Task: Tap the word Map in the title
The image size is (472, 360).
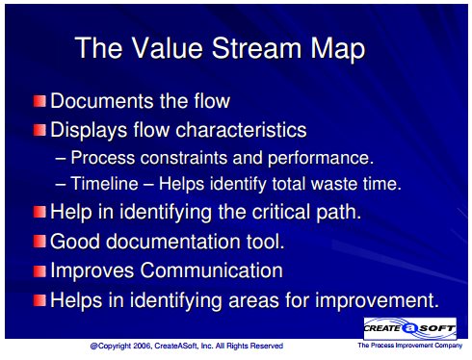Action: [x=337, y=49]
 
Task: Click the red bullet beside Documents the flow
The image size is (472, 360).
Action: [x=39, y=101]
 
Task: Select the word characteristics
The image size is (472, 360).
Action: [x=241, y=130]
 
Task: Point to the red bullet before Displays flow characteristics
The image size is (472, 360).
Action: [x=39, y=130]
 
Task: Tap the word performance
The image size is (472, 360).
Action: [x=321, y=159]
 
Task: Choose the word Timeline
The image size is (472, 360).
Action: [x=104, y=184]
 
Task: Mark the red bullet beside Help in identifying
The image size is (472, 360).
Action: [x=39, y=212]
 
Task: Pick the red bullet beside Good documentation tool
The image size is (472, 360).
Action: [x=39, y=241]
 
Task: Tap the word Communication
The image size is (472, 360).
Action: [x=212, y=270]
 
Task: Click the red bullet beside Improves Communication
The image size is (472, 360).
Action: [x=39, y=270]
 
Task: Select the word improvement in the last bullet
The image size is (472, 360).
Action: [x=377, y=301]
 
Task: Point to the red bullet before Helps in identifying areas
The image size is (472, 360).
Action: [x=39, y=300]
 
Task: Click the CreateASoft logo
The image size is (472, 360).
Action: [x=410, y=328]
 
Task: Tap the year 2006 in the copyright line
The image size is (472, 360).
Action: [x=143, y=346]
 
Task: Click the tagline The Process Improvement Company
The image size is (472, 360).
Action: [x=410, y=346]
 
